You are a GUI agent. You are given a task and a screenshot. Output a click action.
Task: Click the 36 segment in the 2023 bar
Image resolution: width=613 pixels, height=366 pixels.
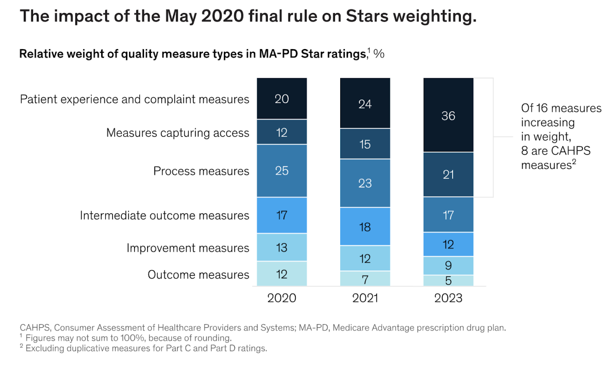[x=448, y=115]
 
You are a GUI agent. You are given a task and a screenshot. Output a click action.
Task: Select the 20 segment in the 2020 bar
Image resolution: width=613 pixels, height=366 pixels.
[x=282, y=99]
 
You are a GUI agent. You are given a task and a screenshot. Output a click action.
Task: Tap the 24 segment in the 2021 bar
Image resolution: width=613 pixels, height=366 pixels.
[x=365, y=103]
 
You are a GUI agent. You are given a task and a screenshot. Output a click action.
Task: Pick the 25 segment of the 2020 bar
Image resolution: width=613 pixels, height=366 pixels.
[x=282, y=170]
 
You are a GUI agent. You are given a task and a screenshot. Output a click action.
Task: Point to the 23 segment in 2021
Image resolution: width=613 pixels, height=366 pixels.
[x=365, y=183]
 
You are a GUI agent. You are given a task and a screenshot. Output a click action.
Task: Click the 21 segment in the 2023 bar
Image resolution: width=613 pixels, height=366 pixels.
[x=448, y=175]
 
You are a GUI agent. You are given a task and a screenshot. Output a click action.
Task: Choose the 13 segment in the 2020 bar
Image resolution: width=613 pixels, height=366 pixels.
[x=282, y=247]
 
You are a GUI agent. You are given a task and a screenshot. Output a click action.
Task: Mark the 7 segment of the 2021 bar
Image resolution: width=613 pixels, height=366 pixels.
[x=365, y=279]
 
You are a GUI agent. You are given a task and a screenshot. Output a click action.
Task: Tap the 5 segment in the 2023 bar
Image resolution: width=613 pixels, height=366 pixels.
[x=448, y=281]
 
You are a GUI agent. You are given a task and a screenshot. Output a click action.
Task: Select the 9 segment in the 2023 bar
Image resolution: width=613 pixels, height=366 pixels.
[x=448, y=265]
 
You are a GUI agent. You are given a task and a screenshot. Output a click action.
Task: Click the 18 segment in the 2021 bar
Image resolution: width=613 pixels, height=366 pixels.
[x=365, y=227]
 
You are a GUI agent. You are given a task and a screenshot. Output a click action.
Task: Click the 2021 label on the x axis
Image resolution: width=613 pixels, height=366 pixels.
[x=365, y=298]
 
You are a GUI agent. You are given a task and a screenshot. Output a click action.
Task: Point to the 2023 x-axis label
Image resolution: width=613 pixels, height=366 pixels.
[x=448, y=298]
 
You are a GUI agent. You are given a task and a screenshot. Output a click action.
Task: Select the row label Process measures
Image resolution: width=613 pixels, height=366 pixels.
[x=201, y=171]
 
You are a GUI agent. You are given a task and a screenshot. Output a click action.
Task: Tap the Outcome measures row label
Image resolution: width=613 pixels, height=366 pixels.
[x=198, y=274]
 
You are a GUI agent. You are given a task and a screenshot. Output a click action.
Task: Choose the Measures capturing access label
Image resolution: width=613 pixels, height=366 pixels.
[x=177, y=132]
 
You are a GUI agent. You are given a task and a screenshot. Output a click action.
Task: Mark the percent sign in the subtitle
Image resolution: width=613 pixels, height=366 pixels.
[x=379, y=54]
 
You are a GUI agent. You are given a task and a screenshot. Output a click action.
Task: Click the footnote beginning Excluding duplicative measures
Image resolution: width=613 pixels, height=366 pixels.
[x=146, y=348]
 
